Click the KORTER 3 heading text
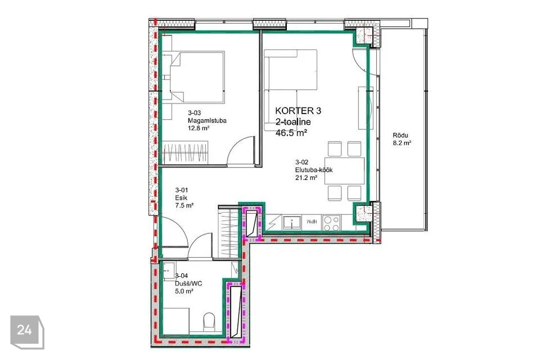(298, 111)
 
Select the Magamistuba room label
(207, 120)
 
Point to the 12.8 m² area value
(199, 128)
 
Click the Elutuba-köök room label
(314, 169)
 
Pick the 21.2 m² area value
(306, 178)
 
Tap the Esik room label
(181, 198)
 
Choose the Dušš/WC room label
(189, 283)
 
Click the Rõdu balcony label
(400, 136)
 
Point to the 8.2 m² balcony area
(402, 143)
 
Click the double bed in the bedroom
(197, 77)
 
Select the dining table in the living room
(344, 170)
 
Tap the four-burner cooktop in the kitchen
(331, 223)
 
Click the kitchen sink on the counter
(292, 223)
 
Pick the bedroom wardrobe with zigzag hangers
(185, 152)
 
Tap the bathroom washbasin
(168, 271)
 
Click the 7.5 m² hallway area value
(184, 206)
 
